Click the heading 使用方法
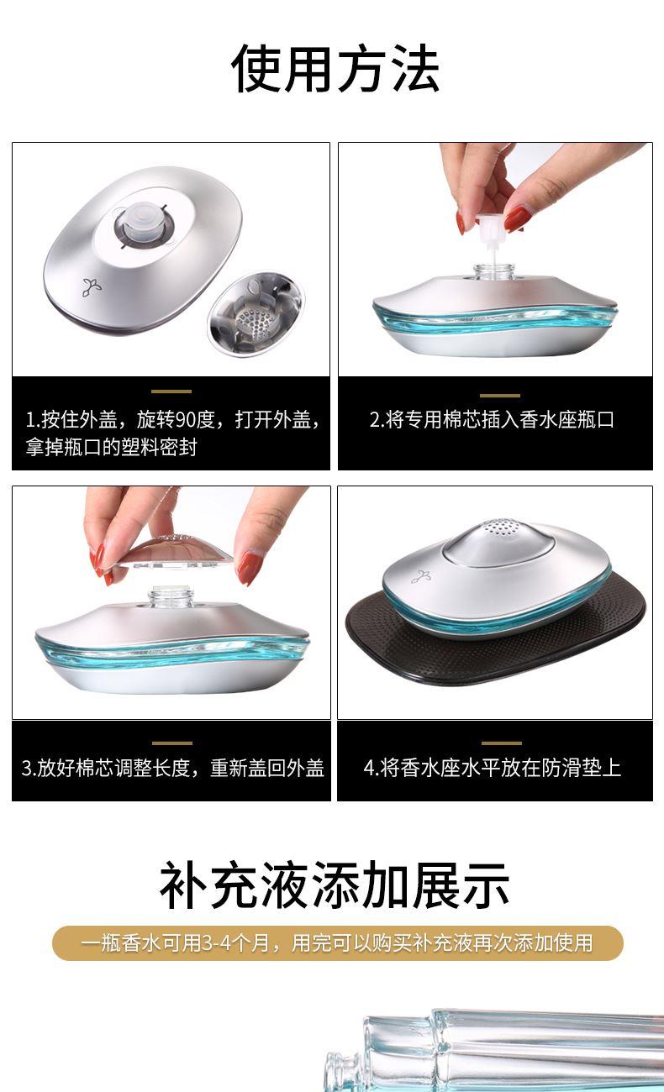(335, 68)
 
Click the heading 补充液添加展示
(335, 885)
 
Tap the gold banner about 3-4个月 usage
(338, 942)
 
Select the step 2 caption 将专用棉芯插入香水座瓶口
(492, 419)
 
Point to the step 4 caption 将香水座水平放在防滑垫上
(493, 767)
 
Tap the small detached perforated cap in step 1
(256, 313)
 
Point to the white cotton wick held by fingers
(490, 233)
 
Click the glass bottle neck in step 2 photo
(494, 272)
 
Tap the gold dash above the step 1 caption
(171, 391)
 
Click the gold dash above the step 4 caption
(502, 743)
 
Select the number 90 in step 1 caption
(185, 419)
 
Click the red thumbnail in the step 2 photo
(516, 218)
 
